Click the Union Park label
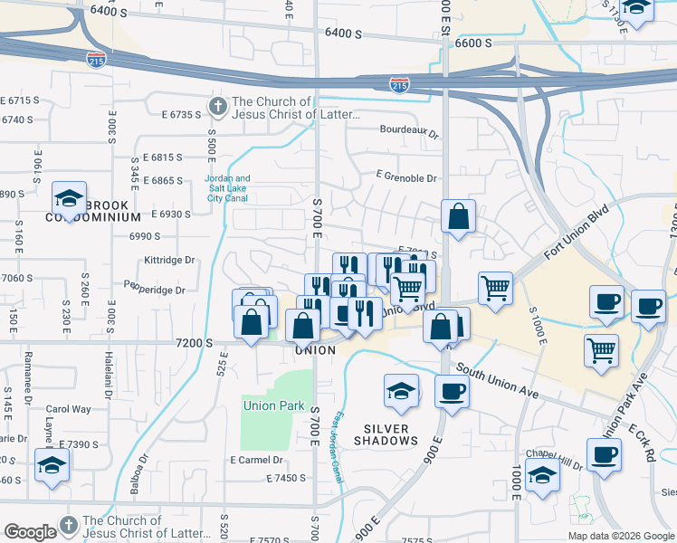click(273, 405)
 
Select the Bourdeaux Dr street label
click(408, 132)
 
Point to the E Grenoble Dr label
click(406, 179)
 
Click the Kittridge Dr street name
click(169, 260)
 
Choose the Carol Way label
click(68, 409)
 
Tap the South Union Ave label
click(498, 381)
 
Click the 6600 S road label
click(474, 43)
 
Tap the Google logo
click(30, 532)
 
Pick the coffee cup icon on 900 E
click(452, 391)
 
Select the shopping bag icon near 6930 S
click(459, 216)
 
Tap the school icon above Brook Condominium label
click(69, 196)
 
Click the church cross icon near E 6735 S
click(217, 108)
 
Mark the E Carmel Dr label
click(259, 460)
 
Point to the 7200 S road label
click(195, 344)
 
